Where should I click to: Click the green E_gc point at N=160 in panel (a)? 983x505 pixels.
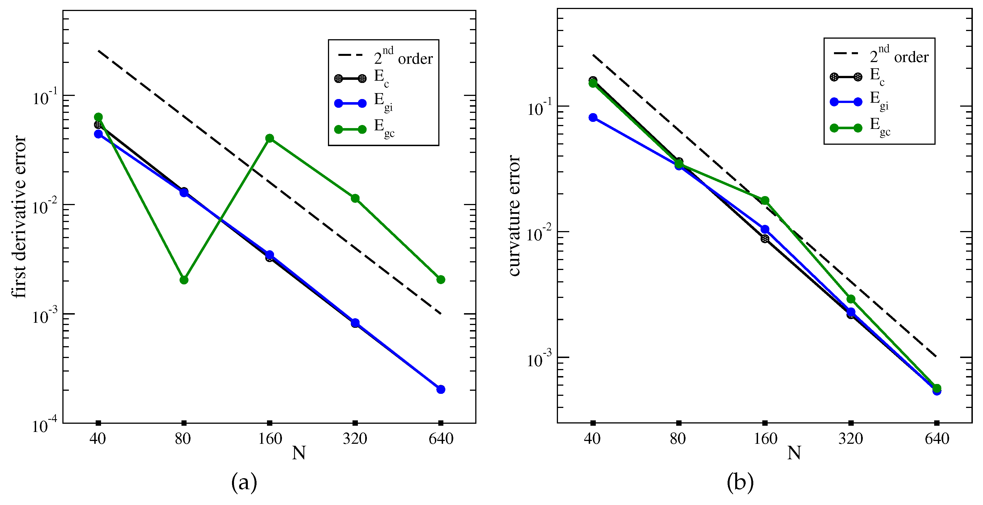[270, 138]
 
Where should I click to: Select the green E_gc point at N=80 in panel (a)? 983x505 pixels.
[184, 280]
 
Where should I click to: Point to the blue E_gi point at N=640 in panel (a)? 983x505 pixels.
[441, 389]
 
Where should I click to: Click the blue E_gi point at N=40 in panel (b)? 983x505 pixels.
[593, 117]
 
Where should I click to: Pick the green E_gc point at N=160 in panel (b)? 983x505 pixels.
[765, 201]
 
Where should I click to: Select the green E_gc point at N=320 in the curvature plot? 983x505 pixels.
[851, 299]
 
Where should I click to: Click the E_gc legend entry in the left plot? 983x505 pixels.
[364, 128]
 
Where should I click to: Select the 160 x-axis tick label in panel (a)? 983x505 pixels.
[270, 439]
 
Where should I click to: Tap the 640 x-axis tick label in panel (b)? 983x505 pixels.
[937, 439]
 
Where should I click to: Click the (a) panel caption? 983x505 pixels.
[244, 482]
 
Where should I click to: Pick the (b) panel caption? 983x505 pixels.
[740, 482]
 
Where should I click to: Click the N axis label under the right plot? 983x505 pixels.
[794, 453]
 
